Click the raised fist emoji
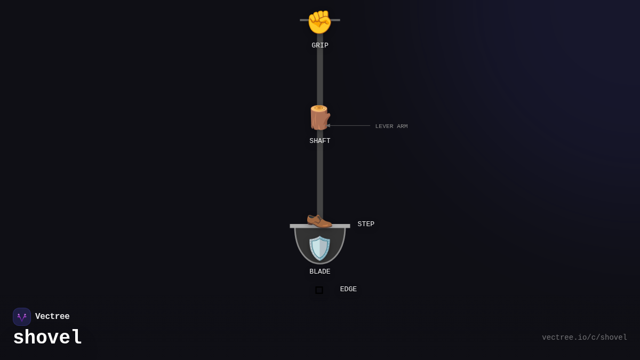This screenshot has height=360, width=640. pyautogui.click(x=319, y=22)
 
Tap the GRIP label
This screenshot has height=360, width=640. pyautogui.click(x=320, y=45)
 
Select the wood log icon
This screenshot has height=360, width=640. pyautogui.click(x=319, y=117)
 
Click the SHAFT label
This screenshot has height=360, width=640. pyautogui.click(x=320, y=141)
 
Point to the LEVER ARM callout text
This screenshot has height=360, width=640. pyautogui.click(x=391, y=126)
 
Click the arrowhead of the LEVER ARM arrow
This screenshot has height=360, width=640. pyautogui.click(x=329, y=126)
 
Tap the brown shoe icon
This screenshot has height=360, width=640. pyautogui.click(x=319, y=219)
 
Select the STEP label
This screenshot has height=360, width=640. pyautogui.click(x=366, y=224)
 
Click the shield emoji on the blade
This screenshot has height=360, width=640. pyautogui.click(x=320, y=248)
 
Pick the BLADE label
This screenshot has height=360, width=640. pyautogui.click(x=320, y=271)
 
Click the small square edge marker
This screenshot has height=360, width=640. pyautogui.click(x=319, y=290)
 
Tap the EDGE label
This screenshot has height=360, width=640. pyautogui.click(x=348, y=289)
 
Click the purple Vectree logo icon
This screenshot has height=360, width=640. pyautogui.click(x=22, y=317)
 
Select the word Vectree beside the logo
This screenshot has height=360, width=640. pyautogui.click(x=52, y=317)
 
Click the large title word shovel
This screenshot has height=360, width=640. pyautogui.click(x=47, y=338)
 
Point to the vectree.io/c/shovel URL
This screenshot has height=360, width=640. pyautogui.click(x=585, y=338)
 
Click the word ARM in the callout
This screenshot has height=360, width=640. pyautogui.click(x=402, y=126)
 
